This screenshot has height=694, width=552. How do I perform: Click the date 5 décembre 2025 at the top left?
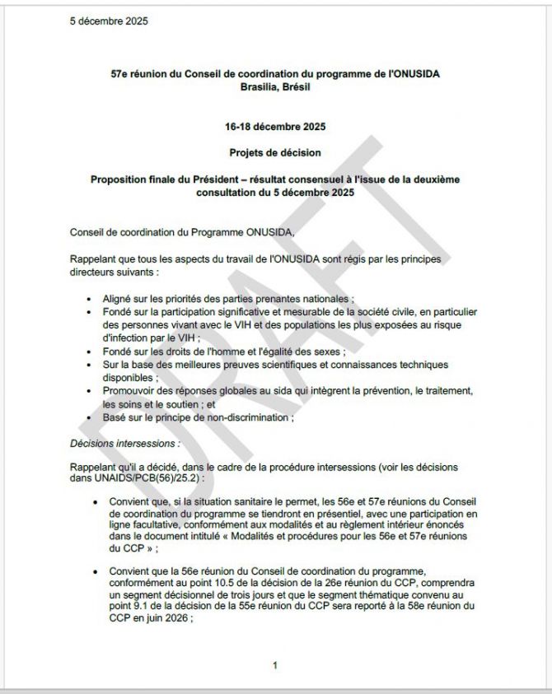coord(110,21)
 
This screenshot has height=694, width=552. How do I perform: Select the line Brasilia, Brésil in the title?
coord(275,86)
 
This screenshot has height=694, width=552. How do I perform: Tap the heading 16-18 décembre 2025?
coord(275,127)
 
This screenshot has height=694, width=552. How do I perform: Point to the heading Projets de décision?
coord(275,152)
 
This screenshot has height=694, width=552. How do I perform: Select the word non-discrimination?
coord(250,417)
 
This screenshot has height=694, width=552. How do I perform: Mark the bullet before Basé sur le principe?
coord(89,417)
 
